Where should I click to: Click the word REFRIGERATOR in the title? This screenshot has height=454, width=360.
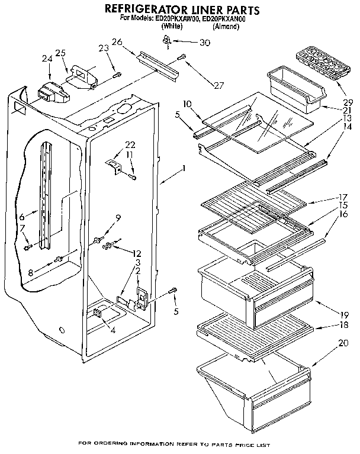(143, 9)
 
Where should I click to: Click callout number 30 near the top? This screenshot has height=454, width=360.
(205, 42)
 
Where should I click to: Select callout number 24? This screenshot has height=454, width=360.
(47, 58)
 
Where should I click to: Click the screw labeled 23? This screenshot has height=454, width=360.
(118, 74)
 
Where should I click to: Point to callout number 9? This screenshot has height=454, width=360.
(118, 218)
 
